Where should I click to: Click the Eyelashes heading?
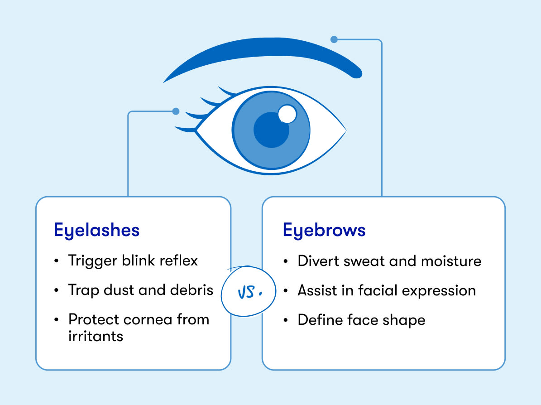(x=96, y=231)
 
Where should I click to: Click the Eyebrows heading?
(x=324, y=231)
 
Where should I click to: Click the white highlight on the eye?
(x=287, y=114)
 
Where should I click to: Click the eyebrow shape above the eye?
(x=269, y=52)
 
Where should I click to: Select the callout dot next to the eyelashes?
(x=176, y=111)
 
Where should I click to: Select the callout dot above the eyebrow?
(x=334, y=39)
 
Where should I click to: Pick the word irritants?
(x=96, y=336)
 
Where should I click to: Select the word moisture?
(x=451, y=261)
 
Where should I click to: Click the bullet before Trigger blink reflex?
(x=56, y=261)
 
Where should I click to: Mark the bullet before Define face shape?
(x=285, y=320)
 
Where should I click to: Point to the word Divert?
(x=318, y=260)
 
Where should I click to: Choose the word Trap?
(x=83, y=290)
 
